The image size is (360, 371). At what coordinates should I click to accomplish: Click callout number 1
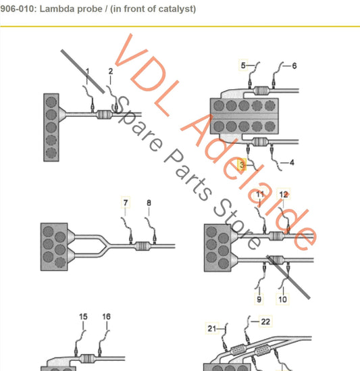tap(86, 71)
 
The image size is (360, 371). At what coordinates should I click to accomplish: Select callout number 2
tap(111, 71)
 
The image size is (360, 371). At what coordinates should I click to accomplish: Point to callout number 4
tap(291, 163)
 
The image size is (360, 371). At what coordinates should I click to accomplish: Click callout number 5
tap(243, 65)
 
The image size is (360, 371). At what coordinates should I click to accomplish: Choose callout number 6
tap(294, 66)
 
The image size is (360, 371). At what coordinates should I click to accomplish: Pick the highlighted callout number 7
tap(125, 202)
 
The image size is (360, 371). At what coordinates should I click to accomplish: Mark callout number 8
tap(149, 202)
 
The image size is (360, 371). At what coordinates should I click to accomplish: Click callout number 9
tap(259, 298)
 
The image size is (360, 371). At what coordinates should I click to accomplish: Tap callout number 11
tap(261, 195)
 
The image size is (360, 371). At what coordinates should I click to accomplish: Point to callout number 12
tap(284, 195)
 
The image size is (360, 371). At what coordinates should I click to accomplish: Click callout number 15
tap(83, 316)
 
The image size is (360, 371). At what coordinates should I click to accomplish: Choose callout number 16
tap(106, 316)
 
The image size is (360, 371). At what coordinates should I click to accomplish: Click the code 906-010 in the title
tap(18, 9)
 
